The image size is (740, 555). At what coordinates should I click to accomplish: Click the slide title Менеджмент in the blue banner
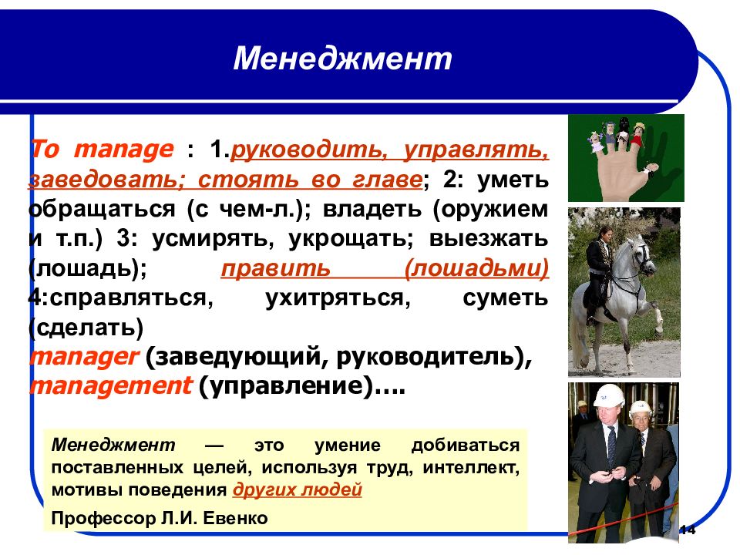342,59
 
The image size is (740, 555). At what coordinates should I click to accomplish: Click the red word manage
124,150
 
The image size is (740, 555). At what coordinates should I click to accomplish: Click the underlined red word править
276,268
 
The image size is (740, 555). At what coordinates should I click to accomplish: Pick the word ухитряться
338,298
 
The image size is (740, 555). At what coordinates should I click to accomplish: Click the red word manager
84,357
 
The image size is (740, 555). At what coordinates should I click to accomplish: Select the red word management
111,386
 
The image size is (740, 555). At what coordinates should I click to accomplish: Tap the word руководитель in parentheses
429,357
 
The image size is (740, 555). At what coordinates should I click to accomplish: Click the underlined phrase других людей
298,490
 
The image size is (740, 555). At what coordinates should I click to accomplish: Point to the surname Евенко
235,518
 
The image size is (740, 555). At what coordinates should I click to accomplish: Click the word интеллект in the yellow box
471,468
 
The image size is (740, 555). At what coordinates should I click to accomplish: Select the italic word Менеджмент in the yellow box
113,445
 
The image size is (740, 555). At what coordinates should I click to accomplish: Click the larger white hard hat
608,395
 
